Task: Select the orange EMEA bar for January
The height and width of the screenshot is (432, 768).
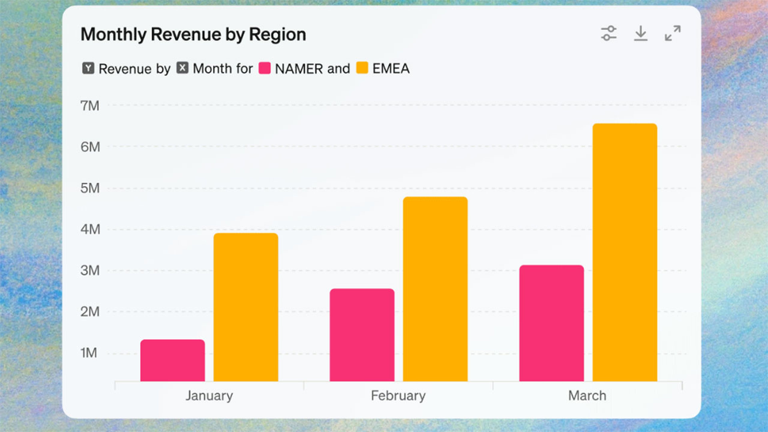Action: click(x=246, y=307)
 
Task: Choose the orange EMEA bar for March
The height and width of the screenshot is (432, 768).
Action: click(x=625, y=252)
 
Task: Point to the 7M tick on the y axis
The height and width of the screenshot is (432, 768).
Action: click(x=90, y=106)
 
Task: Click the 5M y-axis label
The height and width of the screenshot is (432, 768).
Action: click(x=90, y=188)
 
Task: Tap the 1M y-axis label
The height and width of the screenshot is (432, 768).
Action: click(x=89, y=353)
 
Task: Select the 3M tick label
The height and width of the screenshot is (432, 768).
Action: click(x=90, y=271)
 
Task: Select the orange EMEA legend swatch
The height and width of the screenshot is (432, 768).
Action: click(x=362, y=68)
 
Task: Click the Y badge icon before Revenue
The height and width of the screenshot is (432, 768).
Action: click(x=88, y=68)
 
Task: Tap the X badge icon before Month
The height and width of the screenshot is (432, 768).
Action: click(x=182, y=68)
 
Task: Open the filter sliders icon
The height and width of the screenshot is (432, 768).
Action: click(x=608, y=33)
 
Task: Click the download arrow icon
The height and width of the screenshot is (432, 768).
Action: click(x=641, y=33)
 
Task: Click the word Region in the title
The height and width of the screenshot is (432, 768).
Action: click(x=278, y=35)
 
